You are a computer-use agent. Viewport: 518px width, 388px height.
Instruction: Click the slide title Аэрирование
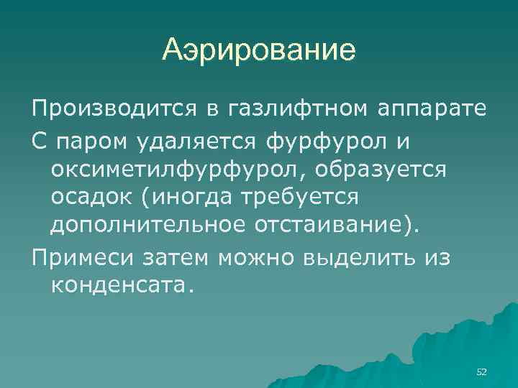259,50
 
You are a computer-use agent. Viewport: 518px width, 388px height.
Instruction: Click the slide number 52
481,371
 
